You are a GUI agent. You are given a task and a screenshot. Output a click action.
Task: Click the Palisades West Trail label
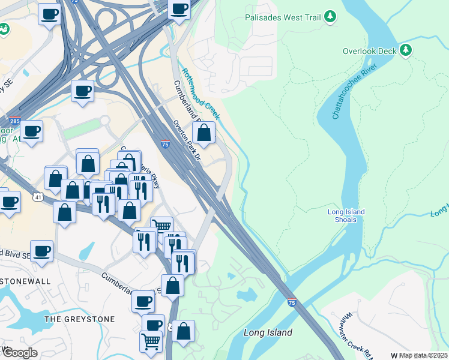[283, 17]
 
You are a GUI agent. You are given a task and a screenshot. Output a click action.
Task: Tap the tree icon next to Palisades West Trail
[330, 17]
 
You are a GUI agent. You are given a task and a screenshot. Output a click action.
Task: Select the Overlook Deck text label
[369, 51]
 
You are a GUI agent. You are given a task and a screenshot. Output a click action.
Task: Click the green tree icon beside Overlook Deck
[406, 50]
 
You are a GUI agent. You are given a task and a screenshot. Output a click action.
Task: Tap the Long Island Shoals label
[346, 215]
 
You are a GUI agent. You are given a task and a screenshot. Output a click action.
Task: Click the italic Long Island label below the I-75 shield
[268, 332]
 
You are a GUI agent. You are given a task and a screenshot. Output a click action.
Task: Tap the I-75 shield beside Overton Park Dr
[165, 144]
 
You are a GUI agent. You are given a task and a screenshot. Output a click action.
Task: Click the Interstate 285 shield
[15, 120]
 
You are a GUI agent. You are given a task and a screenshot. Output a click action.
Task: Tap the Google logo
[20, 353]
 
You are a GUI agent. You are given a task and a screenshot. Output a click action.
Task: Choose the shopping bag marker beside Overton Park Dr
[203, 133]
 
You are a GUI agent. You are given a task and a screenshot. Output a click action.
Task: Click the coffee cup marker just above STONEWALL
[41, 251]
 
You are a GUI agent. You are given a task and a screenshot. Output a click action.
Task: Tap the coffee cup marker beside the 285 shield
[31, 130]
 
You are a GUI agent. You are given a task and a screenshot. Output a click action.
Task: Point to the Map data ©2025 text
[423, 355]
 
